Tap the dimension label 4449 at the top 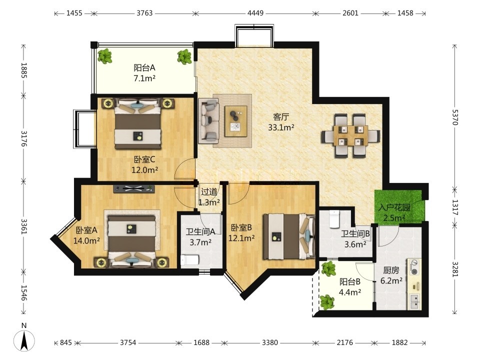click(x=255, y=13)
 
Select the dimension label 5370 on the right click(x=454, y=117)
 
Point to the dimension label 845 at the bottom click(x=66, y=342)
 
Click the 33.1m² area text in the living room click(x=281, y=127)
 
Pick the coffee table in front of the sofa click(x=235, y=121)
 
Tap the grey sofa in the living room click(x=209, y=120)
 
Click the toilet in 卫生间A click(x=189, y=260)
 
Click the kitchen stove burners click(x=414, y=267)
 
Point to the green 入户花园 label click(x=394, y=207)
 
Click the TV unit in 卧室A click(x=134, y=189)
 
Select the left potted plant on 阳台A click(x=105, y=56)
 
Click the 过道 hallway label click(x=209, y=192)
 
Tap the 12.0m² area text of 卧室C click(x=145, y=170)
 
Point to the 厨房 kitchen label click(x=391, y=270)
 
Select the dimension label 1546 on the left click(x=24, y=293)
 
